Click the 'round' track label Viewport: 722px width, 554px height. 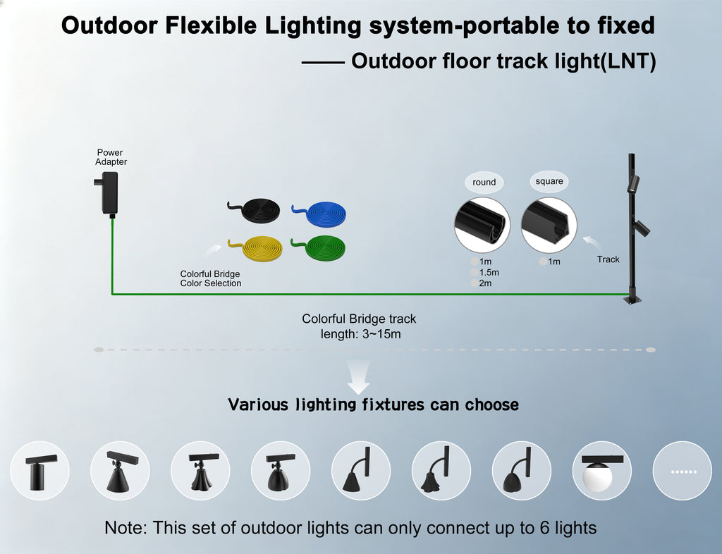[484, 183]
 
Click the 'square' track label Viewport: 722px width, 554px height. [549, 181]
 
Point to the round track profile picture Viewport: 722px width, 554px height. [482, 226]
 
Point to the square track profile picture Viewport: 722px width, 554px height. [549, 226]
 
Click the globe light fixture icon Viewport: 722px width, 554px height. [602, 471]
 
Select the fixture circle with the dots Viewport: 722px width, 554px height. [683, 471]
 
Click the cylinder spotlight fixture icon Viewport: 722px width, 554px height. [40, 471]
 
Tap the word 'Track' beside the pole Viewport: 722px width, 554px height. [608, 259]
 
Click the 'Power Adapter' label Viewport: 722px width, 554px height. [111, 157]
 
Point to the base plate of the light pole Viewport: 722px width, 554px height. [633, 300]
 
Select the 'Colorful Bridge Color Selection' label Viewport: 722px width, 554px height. [210, 279]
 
